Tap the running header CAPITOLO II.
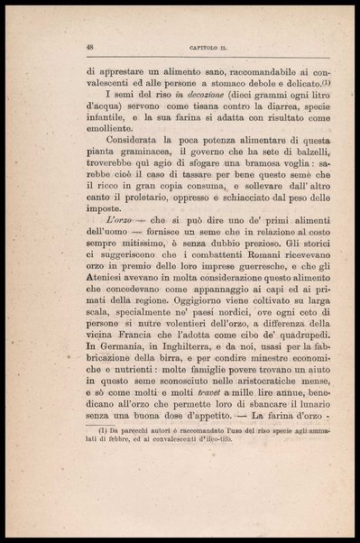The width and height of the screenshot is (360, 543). coord(189,48)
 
